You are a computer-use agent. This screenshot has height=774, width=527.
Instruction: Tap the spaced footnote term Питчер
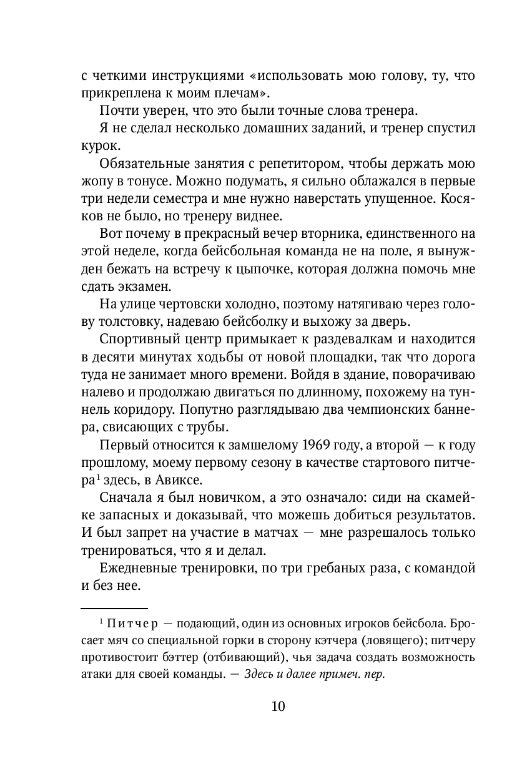coord(133,624)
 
